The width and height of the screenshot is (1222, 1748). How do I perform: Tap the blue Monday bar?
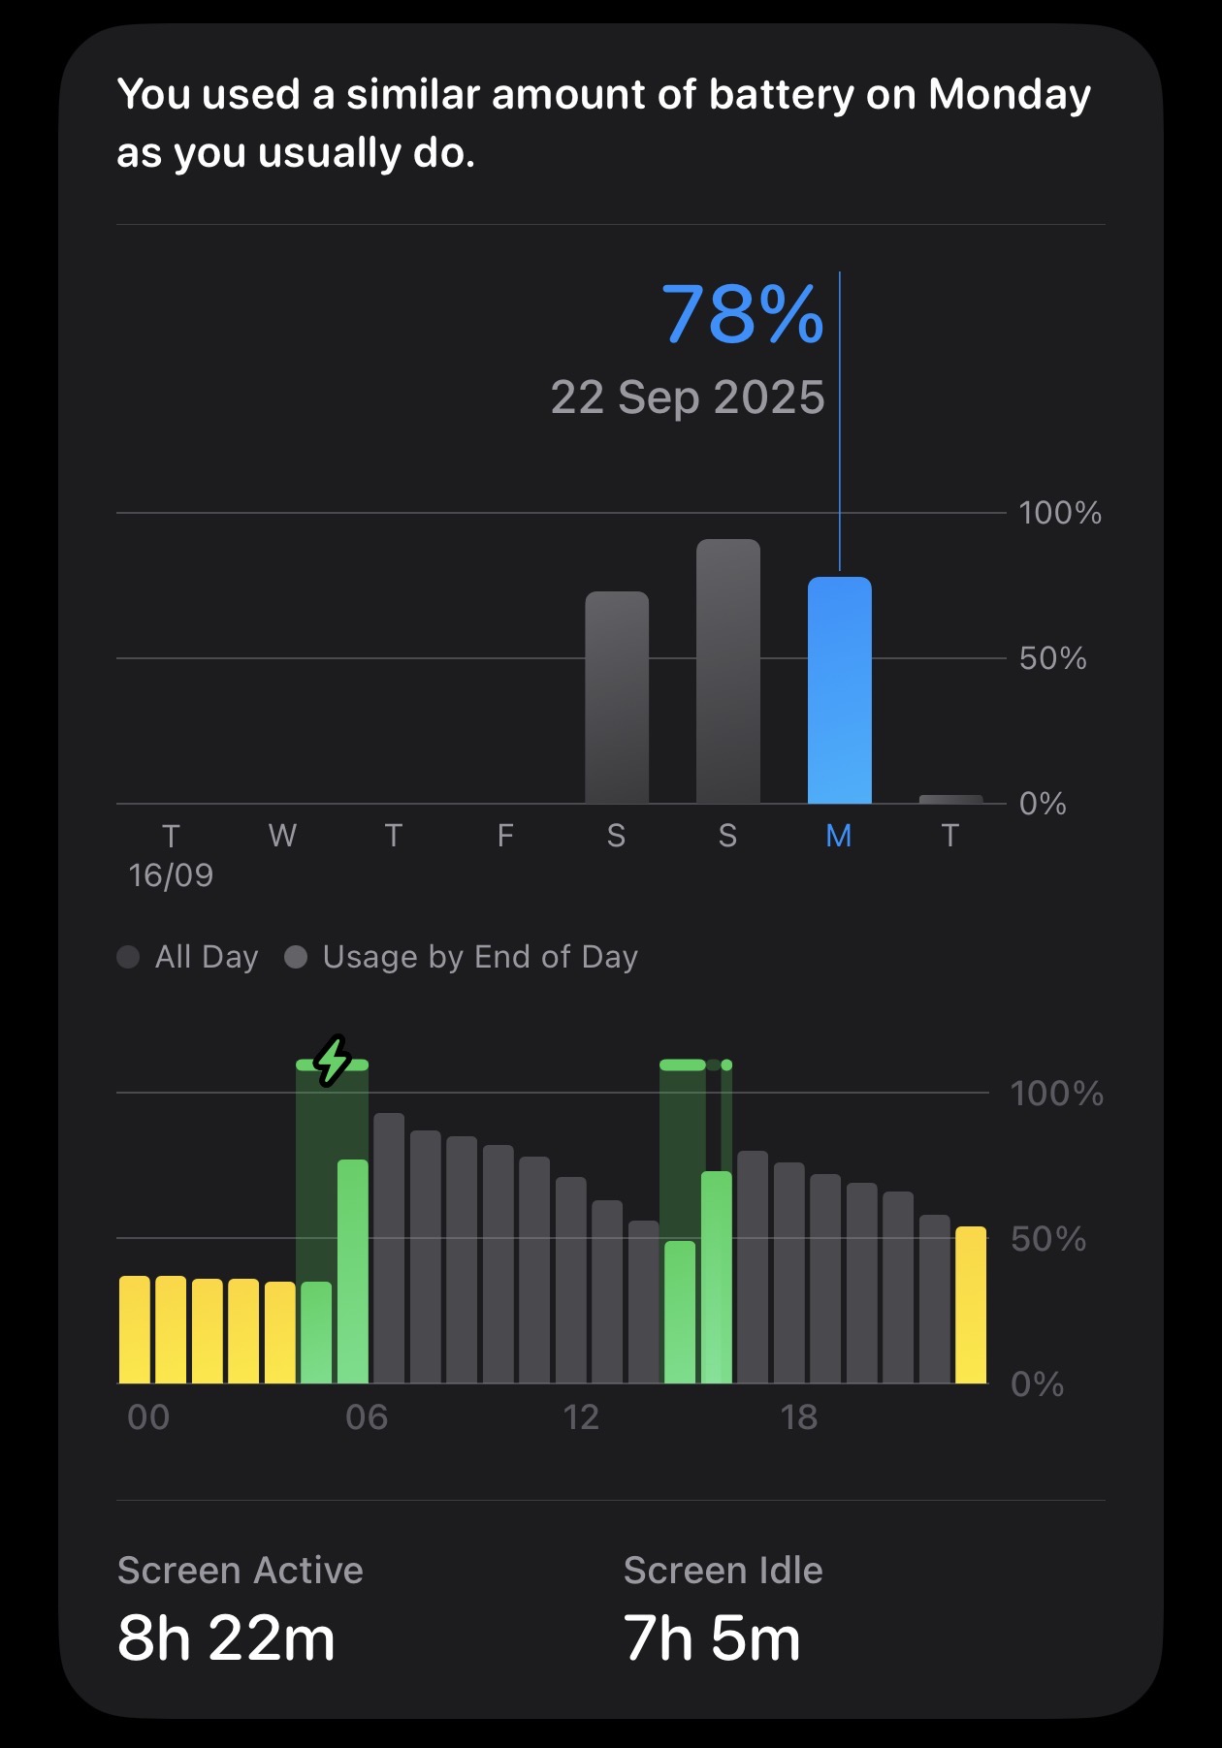(839, 690)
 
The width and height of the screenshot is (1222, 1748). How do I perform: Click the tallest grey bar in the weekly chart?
(727, 671)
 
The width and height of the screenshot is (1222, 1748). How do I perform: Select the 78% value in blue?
(742, 314)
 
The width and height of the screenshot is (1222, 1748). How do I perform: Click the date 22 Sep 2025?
(688, 397)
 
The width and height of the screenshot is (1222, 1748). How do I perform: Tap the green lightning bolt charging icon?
(333, 1061)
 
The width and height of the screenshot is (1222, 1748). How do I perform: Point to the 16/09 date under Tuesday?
(171, 875)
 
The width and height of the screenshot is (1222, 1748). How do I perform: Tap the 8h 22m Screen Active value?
(226, 1638)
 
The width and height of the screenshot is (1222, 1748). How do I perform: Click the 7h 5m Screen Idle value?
(712, 1638)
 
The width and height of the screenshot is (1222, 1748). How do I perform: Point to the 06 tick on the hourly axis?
(367, 1417)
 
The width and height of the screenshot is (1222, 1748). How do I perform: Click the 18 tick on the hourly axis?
(799, 1417)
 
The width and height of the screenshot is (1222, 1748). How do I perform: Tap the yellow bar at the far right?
(971, 1305)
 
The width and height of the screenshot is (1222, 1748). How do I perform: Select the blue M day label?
(839, 836)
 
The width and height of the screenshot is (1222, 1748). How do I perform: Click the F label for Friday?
(505, 836)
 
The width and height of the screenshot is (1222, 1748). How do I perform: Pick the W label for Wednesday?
(282, 836)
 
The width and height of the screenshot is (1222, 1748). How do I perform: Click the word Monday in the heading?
(1010, 95)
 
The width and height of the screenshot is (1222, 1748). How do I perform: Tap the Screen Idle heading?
(723, 1571)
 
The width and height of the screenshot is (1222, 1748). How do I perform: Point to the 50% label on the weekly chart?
(1052, 658)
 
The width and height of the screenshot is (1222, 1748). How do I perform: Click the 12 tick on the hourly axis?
(581, 1417)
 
